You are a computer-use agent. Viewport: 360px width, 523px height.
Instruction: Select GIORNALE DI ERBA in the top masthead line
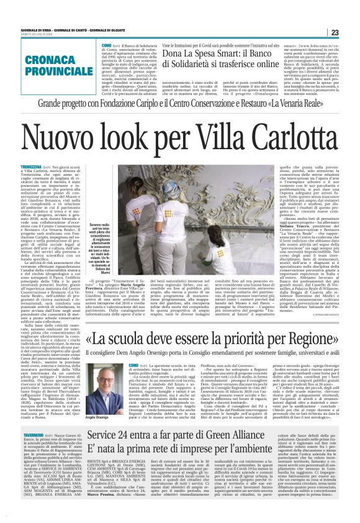pyautogui.click(x=35, y=12)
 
